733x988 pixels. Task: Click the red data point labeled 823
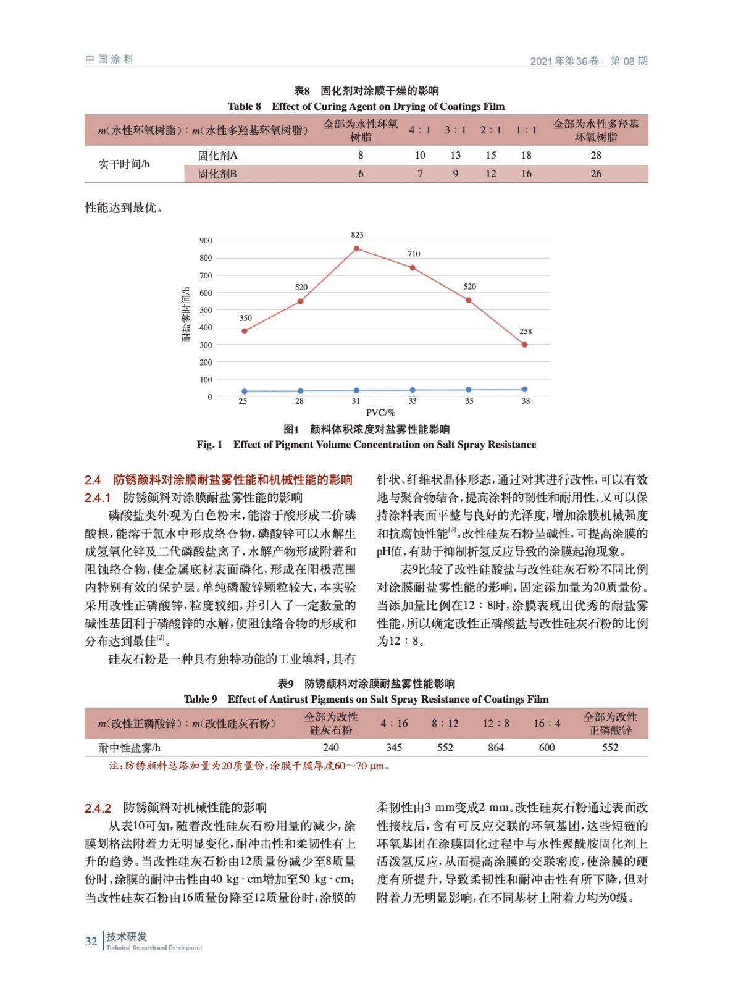tap(356, 249)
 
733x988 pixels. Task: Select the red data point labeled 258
tap(524, 345)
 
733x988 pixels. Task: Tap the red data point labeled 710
tap(413, 268)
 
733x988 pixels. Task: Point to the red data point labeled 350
tap(245, 331)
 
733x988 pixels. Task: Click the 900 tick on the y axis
tap(206, 241)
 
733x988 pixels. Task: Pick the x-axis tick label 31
tap(356, 401)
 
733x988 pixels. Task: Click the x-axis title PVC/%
tap(380, 413)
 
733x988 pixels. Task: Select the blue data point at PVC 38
tap(524, 390)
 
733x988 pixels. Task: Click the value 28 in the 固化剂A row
tap(595, 156)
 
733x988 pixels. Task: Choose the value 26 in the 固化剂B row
tap(595, 174)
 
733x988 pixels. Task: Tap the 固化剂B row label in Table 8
tap(217, 174)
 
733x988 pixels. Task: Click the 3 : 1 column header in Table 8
tap(455, 130)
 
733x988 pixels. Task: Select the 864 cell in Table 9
tap(496, 748)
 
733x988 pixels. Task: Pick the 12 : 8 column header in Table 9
tap(496, 724)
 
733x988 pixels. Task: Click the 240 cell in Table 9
tap(331, 748)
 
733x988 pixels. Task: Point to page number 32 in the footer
tap(91, 942)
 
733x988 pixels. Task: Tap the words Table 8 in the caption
tap(245, 107)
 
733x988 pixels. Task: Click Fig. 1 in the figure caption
tap(209, 445)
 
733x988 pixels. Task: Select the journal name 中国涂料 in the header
tap(109, 59)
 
